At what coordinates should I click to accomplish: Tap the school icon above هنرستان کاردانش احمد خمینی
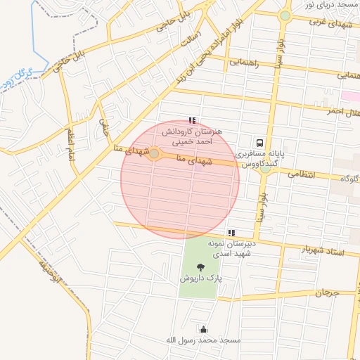click(192, 120)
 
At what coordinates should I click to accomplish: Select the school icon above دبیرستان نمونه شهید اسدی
click(231, 233)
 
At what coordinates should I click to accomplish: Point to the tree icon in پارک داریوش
click(201, 267)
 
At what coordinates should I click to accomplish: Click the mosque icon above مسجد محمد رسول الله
click(204, 329)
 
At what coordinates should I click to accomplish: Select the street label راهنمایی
click(244, 63)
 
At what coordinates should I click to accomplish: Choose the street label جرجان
click(326, 292)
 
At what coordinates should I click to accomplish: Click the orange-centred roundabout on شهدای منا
click(154, 153)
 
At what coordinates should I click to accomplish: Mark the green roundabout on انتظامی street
click(265, 168)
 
